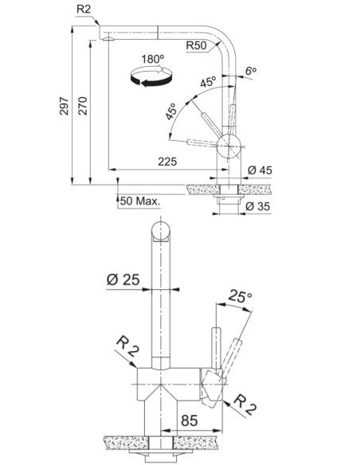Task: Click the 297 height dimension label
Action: coord(64,106)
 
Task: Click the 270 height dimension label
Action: coord(83,106)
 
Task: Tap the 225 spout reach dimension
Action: coord(167,162)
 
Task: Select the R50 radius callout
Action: coord(196,45)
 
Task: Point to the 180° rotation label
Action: coord(152,59)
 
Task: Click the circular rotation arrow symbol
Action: coord(151,76)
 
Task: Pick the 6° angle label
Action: coord(251,71)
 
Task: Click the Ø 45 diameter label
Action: coord(260,170)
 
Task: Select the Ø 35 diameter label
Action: coord(258,205)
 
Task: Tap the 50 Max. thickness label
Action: coord(140,201)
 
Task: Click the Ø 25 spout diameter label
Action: coord(123,279)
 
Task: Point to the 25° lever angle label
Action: coord(240,296)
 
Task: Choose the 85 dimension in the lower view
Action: coord(190,420)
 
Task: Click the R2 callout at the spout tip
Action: coord(83,10)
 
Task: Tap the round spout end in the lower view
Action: coord(160,230)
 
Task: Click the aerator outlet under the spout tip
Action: coord(108,38)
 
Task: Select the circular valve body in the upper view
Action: coord(229,146)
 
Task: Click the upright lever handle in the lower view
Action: coord(216,348)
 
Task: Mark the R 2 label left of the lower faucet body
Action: coord(127,346)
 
